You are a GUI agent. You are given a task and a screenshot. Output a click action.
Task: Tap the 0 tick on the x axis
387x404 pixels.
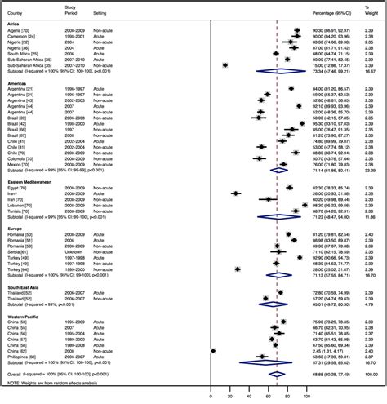(211, 397)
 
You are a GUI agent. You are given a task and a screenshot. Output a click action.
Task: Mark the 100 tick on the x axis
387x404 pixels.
(307, 397)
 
